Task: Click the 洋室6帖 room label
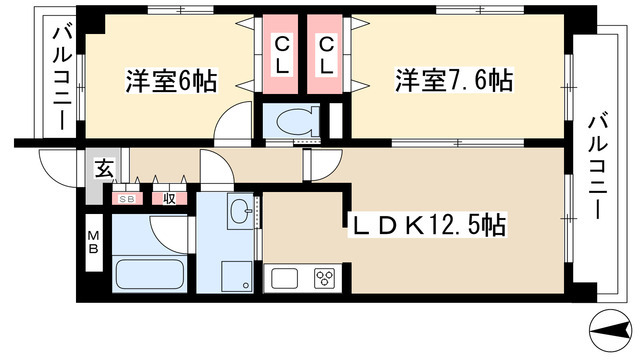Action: pos(171,80)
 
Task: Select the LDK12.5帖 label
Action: pos(425,227)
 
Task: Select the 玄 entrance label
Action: pos(103,168)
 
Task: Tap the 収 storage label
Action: pos(169,198)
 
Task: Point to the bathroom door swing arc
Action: pos(170,229)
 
